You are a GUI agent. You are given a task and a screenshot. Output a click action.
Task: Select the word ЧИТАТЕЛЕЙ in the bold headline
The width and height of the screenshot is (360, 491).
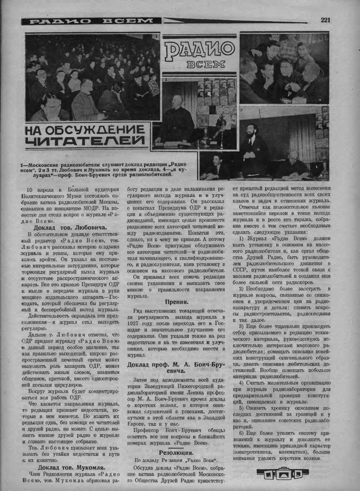click(x=86, y=141)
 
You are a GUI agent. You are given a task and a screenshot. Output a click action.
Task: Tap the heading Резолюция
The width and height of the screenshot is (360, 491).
click(x=176, y=453)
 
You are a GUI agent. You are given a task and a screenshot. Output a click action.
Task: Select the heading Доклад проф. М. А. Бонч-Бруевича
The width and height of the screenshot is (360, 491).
click(x=176, y=368)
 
